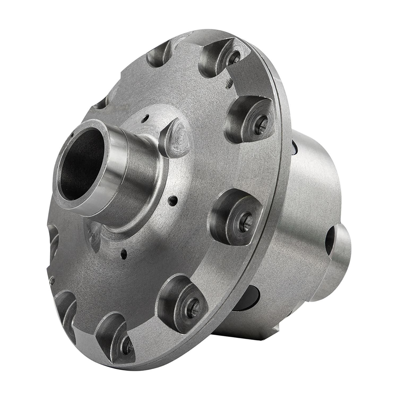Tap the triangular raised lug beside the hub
175,138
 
